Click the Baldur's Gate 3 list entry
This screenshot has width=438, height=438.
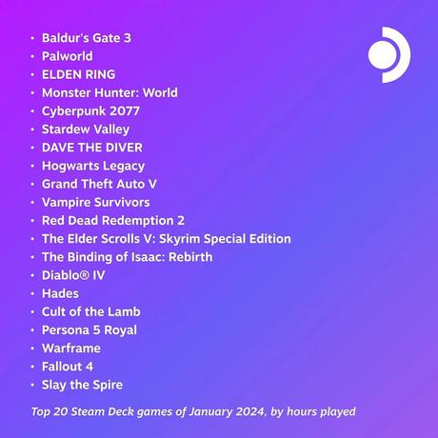pos(87,38)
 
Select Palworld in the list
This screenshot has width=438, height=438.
pos(68,56)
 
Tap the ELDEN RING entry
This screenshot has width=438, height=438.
pos(78,74)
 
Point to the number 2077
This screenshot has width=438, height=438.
pos(123,111)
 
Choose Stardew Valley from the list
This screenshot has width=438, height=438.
pos(86,129)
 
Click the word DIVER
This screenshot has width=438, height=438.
pos(124,148)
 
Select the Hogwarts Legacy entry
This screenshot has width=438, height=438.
pos(93,166)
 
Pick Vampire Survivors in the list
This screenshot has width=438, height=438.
pos(96,203)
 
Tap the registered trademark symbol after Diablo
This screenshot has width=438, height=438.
pos(85,275)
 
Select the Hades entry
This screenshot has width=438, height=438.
pos(60,293)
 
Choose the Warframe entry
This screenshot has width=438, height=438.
pos(71,348)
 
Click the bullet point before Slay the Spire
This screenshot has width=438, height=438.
pos(32,385)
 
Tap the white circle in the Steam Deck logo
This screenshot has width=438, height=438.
pos(383,54)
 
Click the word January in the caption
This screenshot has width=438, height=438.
pos(210,411)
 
